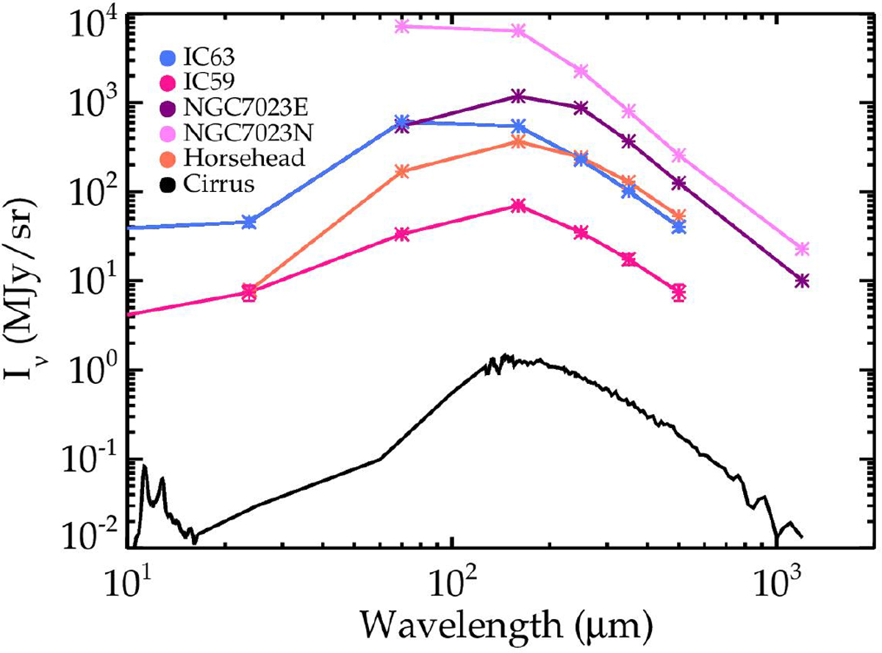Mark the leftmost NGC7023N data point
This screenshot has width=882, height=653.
pyautogui.click(x=401, y=26)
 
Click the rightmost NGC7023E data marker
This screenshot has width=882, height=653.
pyautogui.click(x=803, y=281)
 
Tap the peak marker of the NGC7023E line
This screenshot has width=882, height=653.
pyautogui.click(x=518, y=96)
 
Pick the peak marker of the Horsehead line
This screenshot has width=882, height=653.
pyautogui.click(x=518, y=142)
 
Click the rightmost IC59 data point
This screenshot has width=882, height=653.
pyautogui.click(x=679, y=292)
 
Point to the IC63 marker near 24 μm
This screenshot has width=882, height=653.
pyautogui.click(x=249, y=222)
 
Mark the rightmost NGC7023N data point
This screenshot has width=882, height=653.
pyautogui.click(x=803, y=249)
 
